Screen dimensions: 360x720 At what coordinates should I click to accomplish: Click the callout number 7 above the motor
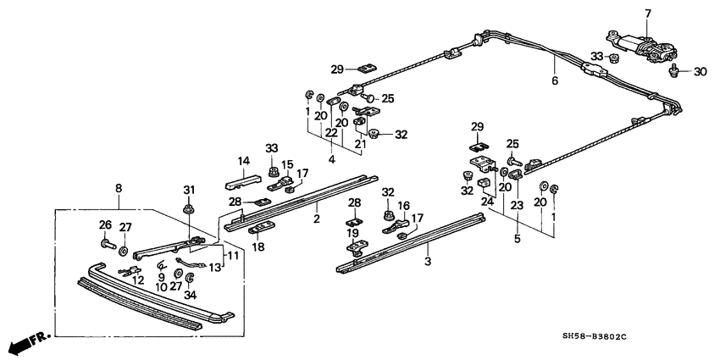pyautogui.click(x=649, y=14)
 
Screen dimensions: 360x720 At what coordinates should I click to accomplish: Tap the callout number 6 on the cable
pyautogui.click(x=555, y=81)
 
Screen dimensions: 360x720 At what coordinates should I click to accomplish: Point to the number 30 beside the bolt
pyautogui.click(x=699, y=72)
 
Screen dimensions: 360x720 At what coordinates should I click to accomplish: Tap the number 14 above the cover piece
pyautogui.click(x=244, y=160)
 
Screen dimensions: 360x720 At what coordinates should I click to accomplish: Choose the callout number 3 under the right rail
pyautogui.click(x=429, y=263)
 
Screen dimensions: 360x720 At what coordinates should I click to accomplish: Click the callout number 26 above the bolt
pyautogui.click(x=105, y=224)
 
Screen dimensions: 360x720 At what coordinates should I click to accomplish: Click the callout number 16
pyautogui.click(x=404, y=206)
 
